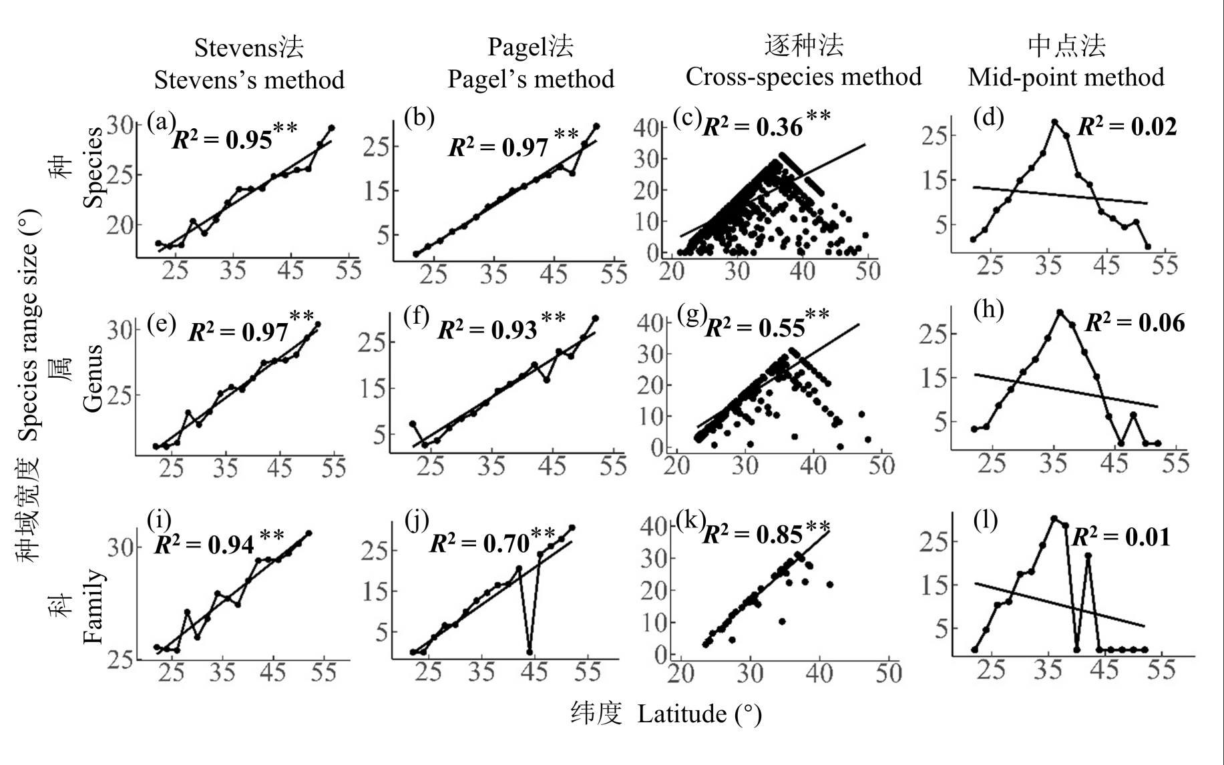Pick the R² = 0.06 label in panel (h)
coord(1135,323)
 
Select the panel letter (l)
coord(985,520)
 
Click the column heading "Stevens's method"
coord(249,80)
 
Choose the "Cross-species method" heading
coord(803,77)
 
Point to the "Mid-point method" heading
coord(1066,77)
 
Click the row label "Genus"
coord(93,378)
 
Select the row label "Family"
coord(93,605)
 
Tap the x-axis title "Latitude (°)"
coord(699,714)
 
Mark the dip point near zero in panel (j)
coord(530,652)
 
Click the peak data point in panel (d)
coord(1055,122)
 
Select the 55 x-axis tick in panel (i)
coord(323,672)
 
